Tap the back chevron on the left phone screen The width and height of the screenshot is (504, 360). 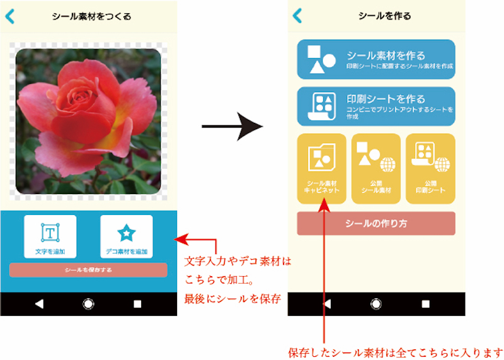click(9, 16)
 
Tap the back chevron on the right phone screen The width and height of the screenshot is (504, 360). click(297, 16)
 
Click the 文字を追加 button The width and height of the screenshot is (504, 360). click(50, 236)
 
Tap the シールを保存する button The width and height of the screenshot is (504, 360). click(88, 270)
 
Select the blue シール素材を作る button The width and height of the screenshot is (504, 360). click(375, 59)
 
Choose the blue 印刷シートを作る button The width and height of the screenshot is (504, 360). click(375, 106)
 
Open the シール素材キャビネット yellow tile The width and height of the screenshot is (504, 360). click(321, 168)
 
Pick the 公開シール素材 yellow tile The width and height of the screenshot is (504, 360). click(375, 168)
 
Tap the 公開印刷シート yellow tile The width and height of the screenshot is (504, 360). click(430, 168)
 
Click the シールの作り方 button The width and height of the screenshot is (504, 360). click(375, 223)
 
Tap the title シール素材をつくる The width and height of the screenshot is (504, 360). click(92, 17)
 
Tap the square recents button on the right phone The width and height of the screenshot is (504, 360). click(425, 304)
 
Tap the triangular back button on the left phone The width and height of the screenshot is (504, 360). click(39, 304)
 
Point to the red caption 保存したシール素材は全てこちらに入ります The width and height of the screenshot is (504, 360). click(396, 351)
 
